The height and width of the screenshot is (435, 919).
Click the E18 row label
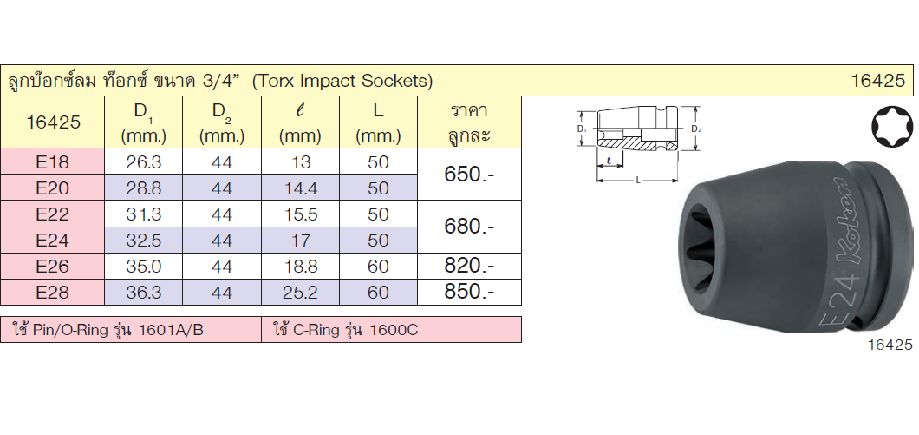[52, 162]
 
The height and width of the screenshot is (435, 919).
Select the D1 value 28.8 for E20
[144, 188]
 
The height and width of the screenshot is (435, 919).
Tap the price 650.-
[469, 175]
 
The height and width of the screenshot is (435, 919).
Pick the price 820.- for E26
[469, 266]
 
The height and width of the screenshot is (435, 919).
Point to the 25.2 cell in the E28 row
[300, 293]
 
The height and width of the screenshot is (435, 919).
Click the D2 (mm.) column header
[222, 124]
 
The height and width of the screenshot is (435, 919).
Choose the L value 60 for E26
[378, 266]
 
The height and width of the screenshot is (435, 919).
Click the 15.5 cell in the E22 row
[300, 214]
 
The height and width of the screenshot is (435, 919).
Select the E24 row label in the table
[52, 241]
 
